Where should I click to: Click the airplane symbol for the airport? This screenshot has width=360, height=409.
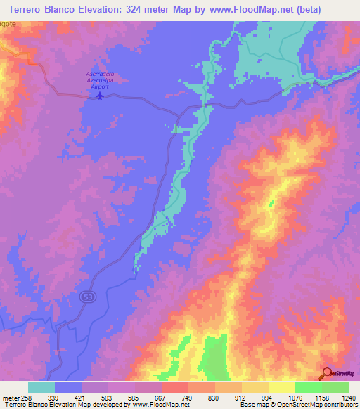101,96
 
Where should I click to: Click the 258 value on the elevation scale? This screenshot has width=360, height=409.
25,397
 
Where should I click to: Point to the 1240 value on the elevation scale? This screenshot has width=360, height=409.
348,397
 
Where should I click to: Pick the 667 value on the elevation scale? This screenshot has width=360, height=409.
160,397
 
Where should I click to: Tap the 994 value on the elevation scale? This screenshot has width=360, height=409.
267,397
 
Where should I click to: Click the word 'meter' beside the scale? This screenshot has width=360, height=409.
10,397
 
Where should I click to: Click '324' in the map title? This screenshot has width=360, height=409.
162,9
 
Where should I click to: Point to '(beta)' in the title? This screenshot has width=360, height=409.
340,9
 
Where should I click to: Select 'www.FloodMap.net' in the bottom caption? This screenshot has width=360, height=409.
158,405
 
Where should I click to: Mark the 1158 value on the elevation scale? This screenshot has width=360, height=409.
321,397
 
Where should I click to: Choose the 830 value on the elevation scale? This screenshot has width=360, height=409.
213,397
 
